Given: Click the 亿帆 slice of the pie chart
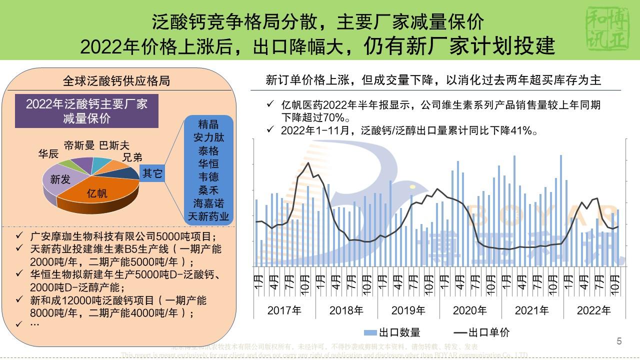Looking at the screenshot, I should pos(97,193).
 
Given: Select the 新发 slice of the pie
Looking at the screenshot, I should pos(60,179).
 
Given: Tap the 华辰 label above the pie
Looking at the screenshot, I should pos(48,154).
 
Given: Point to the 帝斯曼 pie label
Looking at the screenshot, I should pos(79,145).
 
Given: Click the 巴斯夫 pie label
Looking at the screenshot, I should pos(114,145).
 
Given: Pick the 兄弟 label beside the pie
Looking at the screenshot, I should pos(132,157).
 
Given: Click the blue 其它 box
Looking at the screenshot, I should pos(152,173).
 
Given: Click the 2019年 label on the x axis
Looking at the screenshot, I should pos(408,310).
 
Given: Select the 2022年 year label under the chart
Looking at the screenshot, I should pos(593,310).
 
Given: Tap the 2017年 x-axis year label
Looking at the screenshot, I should pos(284,310).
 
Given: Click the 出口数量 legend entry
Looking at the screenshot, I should pos(393,332).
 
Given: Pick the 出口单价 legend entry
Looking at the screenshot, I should pos(482,332).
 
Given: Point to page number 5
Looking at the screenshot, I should pos(619,341).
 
